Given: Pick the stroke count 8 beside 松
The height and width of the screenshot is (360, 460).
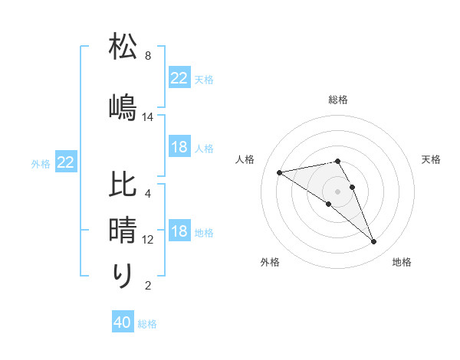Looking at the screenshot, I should coord(147,57).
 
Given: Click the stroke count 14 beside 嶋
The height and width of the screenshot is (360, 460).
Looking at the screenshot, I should coord(148,117).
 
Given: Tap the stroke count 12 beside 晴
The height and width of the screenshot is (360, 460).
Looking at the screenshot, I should coord(148,240).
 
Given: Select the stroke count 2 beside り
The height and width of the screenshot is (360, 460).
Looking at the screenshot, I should coord(147,286).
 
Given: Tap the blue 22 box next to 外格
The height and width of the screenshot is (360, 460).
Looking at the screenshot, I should coord(65,162).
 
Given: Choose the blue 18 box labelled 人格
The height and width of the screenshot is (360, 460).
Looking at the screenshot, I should coord(179,148).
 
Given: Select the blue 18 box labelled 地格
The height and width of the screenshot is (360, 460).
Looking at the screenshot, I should coord(179,232).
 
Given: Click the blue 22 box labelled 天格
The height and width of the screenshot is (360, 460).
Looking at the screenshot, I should coord(179,78).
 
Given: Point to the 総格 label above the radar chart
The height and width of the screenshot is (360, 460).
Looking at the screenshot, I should coord(338,100).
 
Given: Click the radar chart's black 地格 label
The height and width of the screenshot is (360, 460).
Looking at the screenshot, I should coord(402,262).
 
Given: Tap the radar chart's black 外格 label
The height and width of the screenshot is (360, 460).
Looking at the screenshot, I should coord(270,262).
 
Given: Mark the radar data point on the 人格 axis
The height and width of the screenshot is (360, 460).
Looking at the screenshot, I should coord(279,172).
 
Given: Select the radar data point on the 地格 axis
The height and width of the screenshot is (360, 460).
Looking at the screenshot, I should coord(374,242).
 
